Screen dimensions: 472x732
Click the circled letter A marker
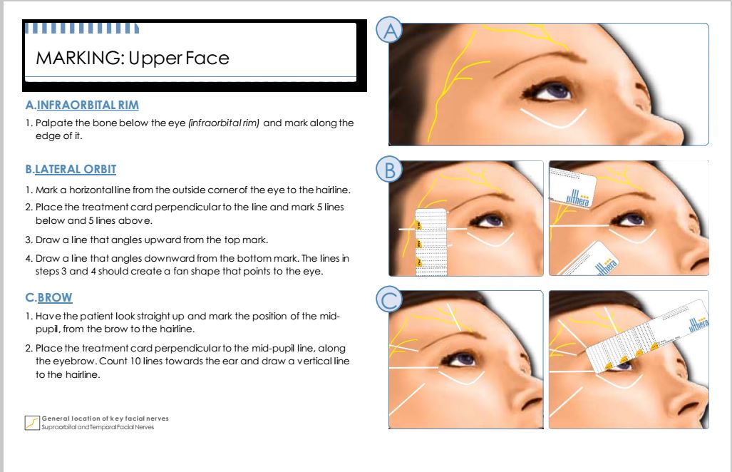pyautogui.click(x=390, y=31)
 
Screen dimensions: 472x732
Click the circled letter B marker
pyautogui.click(x=390, y=171)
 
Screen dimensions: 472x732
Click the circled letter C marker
pyautogui.click(x=390, y=301)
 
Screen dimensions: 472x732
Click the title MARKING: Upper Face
pyautogui.click(x=133, y=58)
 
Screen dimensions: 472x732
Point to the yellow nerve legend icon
pyautogui.click(x=32, y=422)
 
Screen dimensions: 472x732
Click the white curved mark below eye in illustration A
pyautogui.click(x=553, y=118)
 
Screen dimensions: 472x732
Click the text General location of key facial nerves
pyautogui.click(x=105, y=418)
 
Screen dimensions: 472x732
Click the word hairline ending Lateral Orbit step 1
pyautogui.click(x=334, y=190)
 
